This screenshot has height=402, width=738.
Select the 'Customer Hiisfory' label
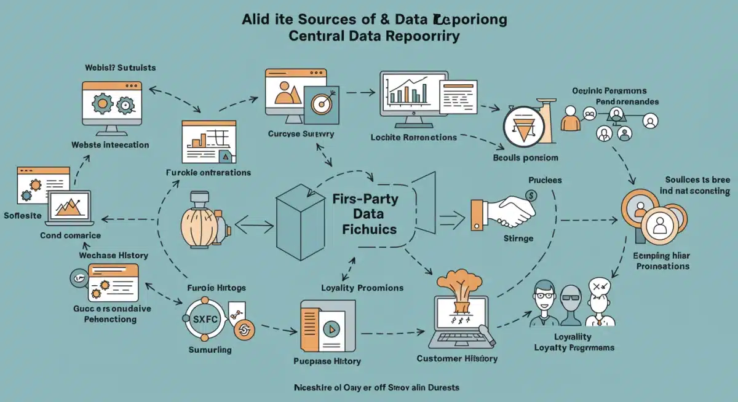(456, 358)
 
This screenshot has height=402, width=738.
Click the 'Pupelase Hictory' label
(328, 361)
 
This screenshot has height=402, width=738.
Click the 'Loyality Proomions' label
(362, 288)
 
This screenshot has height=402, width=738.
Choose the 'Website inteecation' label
(110, 145)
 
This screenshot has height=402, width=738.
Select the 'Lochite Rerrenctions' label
(414, 137)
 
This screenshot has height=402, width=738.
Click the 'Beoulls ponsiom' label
(526, 157)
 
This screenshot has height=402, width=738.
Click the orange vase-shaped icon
(200, 220)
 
